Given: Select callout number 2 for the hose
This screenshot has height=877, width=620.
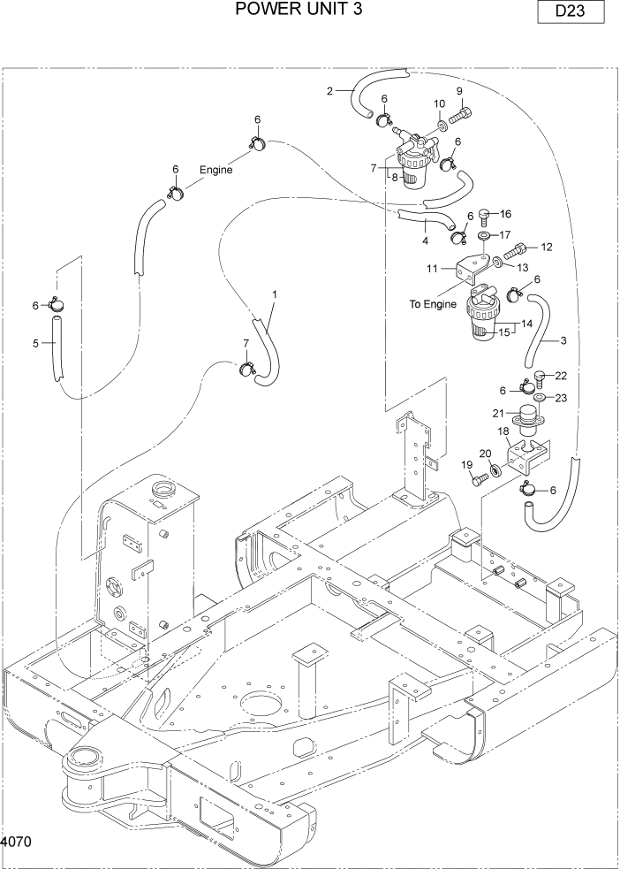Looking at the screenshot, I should pos(329,90).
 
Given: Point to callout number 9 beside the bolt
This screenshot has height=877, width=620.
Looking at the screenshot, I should pos(458,91).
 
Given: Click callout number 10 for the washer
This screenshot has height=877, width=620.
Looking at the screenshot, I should pos(439,104).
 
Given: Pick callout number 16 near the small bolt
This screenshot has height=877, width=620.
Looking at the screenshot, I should pos(506,214).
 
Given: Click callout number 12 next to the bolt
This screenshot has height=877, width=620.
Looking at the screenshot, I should pos(546,247).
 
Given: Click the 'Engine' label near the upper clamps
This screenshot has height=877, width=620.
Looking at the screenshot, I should pos(215,170).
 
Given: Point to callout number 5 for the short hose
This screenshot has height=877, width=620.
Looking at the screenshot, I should pos(36,344).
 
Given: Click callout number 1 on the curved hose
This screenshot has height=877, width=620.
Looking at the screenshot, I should pos(275,294).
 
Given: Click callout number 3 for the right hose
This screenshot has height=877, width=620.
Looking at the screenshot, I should pos(563,340).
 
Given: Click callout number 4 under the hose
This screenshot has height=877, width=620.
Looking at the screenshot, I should pos(424,240).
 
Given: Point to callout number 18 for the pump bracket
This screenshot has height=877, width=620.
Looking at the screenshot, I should pos(503,431).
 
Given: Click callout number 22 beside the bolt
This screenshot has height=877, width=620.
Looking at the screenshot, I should pos(561,377).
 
